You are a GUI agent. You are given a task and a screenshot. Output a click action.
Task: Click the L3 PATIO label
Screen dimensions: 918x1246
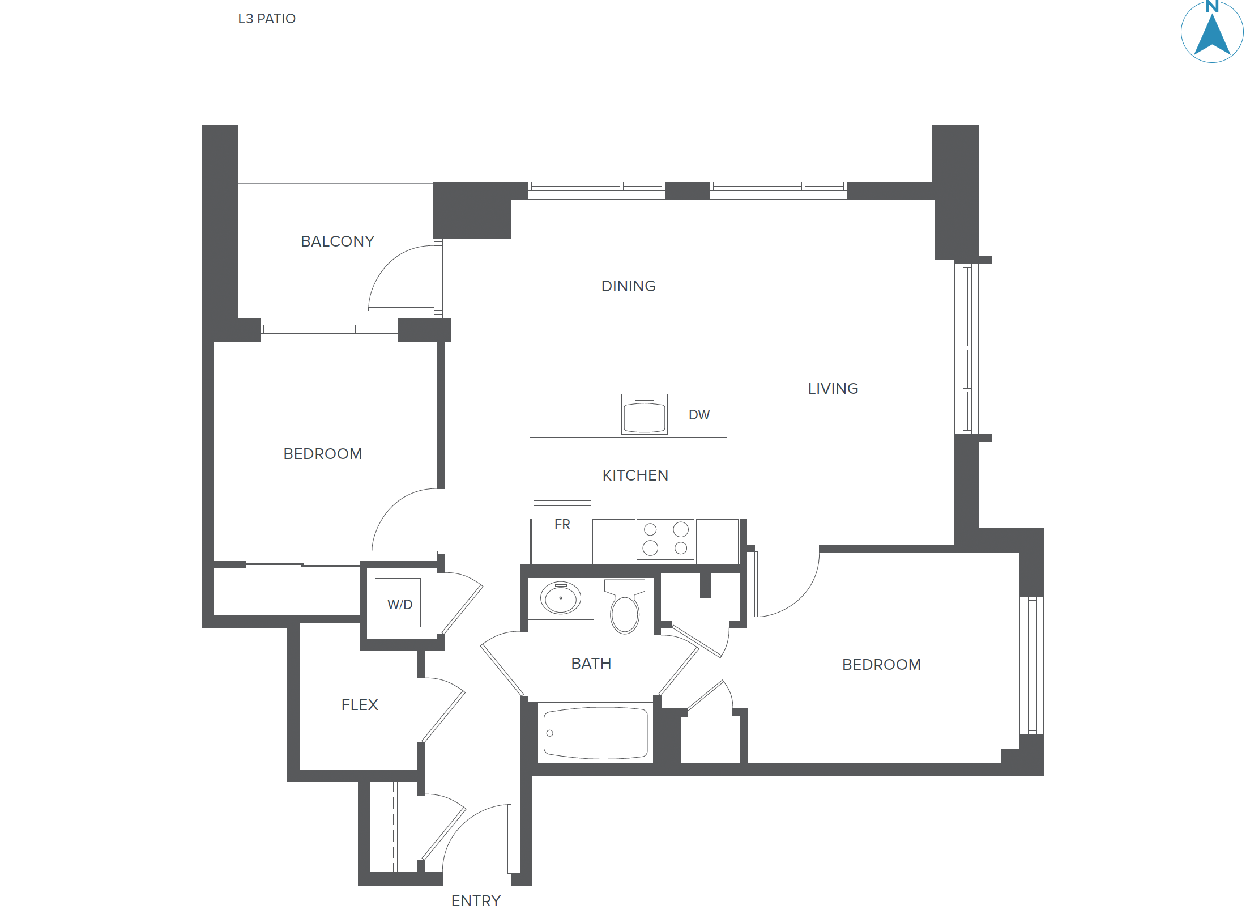click(267, 19)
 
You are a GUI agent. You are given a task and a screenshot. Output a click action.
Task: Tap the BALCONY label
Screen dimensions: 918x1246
click(338, 241)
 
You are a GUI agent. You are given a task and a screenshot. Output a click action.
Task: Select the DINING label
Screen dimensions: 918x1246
click(628, 286)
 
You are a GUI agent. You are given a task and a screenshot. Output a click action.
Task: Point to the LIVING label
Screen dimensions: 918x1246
click(833, 389)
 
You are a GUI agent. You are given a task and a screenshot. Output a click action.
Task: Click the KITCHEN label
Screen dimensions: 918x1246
click(635, 475)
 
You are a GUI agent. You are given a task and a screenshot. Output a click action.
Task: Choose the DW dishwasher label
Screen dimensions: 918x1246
click(699, 415)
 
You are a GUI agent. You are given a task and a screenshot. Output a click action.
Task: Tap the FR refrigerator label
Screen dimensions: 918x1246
click(562, 525)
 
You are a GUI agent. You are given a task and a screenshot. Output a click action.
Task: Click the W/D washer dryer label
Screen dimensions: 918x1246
click(400, 605)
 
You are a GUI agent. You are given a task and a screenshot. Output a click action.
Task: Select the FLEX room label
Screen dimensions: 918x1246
click(360, 705)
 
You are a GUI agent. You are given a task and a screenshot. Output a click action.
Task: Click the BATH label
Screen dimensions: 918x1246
click(591, 664)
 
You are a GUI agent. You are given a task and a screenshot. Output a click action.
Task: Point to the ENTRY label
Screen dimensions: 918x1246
click(476, 901)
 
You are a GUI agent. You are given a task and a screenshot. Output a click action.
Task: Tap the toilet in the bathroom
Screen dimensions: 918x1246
click(625, 609)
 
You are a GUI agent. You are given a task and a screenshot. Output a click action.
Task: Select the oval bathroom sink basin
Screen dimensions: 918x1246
click(561, 598)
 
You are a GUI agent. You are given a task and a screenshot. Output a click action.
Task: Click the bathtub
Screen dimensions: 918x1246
click(596, 733)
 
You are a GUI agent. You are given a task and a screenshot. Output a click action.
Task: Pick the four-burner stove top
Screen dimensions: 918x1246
click(665, 539)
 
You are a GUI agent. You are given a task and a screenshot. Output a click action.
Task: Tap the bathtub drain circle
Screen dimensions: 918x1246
click(549, 733)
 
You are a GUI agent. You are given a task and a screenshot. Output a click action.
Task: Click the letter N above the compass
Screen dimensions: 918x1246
click(1212, 6)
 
